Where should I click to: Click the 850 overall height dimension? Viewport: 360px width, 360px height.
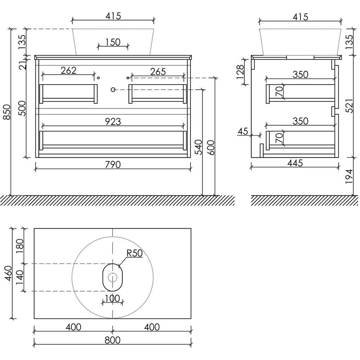tap(7, 112)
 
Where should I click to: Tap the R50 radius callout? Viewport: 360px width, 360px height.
tap(135, 253)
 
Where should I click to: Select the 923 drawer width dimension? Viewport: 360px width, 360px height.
tap(113, 122)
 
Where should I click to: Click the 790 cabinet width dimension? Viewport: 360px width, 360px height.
tap(113, 165)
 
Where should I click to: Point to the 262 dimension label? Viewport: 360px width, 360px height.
tap(68, 71)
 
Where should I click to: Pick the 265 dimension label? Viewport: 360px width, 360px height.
tap(158, 72)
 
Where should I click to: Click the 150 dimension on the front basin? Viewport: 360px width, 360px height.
tap(113, 42)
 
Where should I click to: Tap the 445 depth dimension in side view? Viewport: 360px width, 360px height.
tap(295, 163)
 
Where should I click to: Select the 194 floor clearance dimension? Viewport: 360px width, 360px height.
tap(349, 176)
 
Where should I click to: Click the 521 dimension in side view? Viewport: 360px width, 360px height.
tap(349, 106)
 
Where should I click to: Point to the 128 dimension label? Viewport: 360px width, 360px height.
tap(240, 72)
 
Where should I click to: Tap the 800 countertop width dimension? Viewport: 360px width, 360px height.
tap(112, 340)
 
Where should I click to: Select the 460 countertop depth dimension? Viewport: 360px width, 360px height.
tap(9, 273)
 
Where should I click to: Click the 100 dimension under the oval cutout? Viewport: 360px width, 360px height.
tap(112, 298)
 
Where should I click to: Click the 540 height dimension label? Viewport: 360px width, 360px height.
tap(198, 147)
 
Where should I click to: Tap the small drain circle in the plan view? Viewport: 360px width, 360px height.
tap(112, 277)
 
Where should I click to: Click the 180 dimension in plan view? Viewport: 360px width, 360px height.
tap(20, 246)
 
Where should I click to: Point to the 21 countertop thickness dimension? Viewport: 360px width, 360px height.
tap(23, 65)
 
